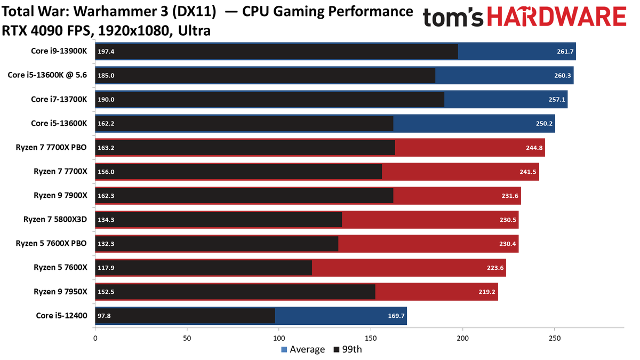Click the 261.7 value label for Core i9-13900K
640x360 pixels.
pyautogui.click(x=565, y=51)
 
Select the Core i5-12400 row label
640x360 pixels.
pyautogui.click(x=61, y=315)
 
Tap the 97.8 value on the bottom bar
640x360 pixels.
pyautogui.click(x=105, y=316)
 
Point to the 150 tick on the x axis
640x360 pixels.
pyautogui.click(x=371, y=338)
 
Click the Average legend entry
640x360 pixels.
pyautogui.click(x=303, y=349)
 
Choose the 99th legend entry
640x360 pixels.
pyautogui.click(x=348, y=349)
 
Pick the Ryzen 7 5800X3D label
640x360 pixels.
pyautogui.click(x=55, y=219)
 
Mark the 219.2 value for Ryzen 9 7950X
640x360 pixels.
pyautogui.click(x=487, y=292)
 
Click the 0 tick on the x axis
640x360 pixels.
pyautogui.click(x=95, y=338)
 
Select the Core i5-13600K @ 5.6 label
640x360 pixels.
pyautogui.click(x=47, y=75)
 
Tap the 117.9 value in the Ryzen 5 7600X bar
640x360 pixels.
pyautogui.click(x=106, y=268)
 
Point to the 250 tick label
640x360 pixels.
pyautogui.click(x=555, y=338)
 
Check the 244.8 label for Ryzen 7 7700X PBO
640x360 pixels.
pyautogui.click(x=534, y=148)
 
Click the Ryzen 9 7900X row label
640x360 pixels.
pyautogui.click(x=60, y=195)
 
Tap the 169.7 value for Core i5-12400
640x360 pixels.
pyautogui.click(x=396, y=316)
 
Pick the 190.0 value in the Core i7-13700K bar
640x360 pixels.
pyautogui.click(x=106, y=99)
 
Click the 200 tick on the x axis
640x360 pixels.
pyautogui.click(x=463, y=338)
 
